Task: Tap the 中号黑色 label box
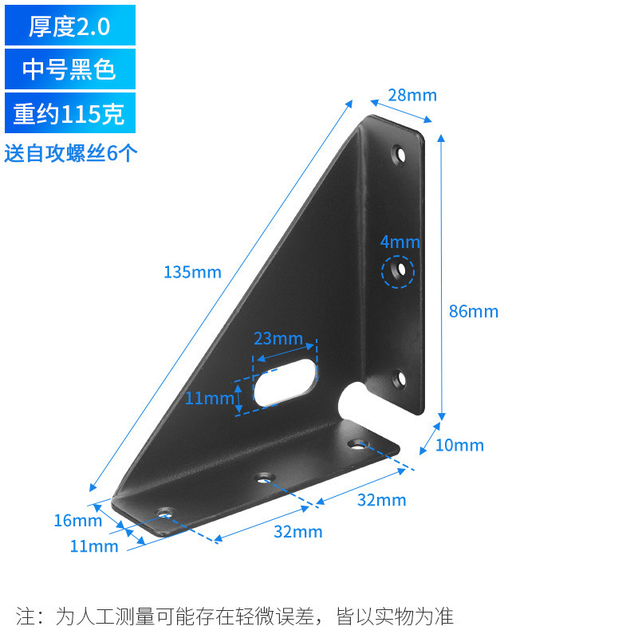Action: (69, 70)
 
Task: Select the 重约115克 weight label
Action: (69, 114)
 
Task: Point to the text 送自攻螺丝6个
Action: (71, 153)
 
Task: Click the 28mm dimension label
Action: (412, 95)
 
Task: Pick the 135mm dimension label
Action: (192, 272)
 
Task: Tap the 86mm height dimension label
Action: (473, 311)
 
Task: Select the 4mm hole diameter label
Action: (400, 242)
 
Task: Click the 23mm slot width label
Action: (278, 338)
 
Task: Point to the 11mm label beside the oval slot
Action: (208, 397)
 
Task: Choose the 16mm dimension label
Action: (77, 521)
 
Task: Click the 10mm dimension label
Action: (459, 445)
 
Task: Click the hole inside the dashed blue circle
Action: (401, 272)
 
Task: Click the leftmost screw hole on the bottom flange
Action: (166, 510)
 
